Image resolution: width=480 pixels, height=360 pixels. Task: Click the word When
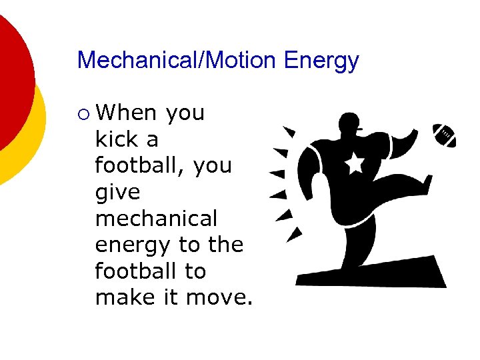tap(127, 113)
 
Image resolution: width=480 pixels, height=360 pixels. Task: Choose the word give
tap(118, 193)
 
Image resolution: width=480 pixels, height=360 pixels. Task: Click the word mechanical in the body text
tap(156, 219)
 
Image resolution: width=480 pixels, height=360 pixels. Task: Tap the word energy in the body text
tap(133, 246)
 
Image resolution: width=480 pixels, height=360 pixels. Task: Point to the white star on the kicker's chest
tap(354, 162)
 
